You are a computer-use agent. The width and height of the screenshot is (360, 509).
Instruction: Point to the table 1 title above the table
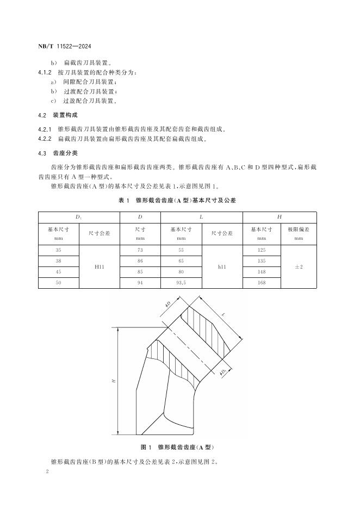pos(177,201)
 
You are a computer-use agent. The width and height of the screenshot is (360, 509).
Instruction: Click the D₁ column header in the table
pos(79,217)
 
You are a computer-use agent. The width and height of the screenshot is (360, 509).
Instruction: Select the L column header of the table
pos(201,217)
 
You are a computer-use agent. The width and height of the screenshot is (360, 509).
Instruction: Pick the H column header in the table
pos(279,217)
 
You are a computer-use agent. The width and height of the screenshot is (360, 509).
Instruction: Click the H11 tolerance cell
pos(100,267)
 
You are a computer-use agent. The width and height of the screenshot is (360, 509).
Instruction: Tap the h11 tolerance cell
pos(221,267)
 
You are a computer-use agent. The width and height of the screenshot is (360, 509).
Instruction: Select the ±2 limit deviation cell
pos(299,267)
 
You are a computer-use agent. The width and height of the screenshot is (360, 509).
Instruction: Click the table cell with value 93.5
pos(181,283)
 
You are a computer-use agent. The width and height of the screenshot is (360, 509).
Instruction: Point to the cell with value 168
pos(262,283)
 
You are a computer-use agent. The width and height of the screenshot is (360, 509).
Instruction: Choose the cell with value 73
pos(140,251)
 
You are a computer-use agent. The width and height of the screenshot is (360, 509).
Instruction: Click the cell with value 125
pos(262,251)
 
